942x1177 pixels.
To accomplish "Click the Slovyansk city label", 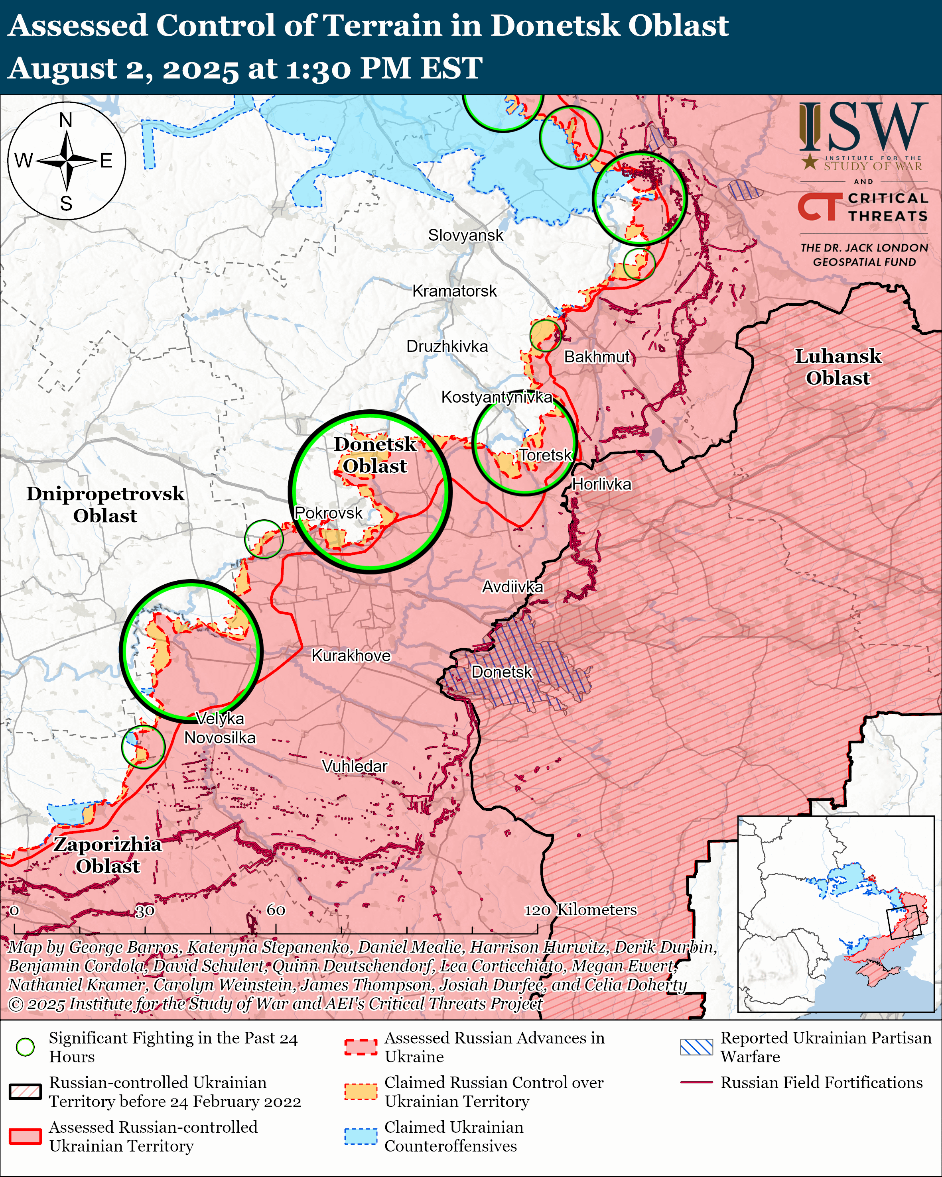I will pos(465,235).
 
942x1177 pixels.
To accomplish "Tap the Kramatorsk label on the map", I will pos(454,291).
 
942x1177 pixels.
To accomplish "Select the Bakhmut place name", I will pos(597,357).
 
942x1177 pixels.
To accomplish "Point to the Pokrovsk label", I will pos(328,513).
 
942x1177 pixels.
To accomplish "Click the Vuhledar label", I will pos(355,766).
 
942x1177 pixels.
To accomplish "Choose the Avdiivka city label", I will pos(512,587).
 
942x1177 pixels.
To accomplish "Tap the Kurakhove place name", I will pos(351,656).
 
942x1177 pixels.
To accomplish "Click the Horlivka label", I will pos(601,484).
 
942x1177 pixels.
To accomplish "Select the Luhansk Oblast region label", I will pos(838,367).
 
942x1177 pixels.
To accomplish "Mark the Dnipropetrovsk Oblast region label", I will pos(105,505).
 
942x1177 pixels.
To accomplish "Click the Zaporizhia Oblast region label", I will pos(108,855).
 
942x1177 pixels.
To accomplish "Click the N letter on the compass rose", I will pos(65,120).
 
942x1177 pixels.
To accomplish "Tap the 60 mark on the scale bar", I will pos(276,910).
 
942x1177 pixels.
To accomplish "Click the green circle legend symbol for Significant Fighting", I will pos(25,1047).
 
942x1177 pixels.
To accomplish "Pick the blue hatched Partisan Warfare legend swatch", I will pos(696,1047).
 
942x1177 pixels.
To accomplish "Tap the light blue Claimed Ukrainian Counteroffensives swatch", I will pos(361,1136).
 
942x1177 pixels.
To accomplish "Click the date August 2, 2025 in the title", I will pos(123,69).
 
